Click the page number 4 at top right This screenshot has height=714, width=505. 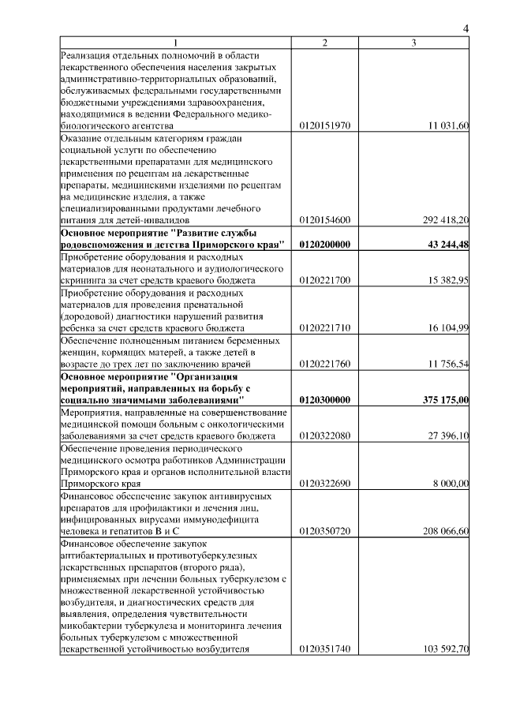coord(466,29)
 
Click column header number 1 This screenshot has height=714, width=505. coord(175,42)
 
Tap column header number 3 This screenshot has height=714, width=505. coord(413,42)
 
